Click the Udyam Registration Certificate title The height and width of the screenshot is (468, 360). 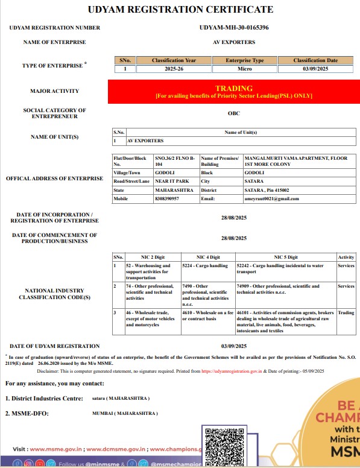click(x=180, y=10)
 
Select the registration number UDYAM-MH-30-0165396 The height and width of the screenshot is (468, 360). click(x=234, y=28)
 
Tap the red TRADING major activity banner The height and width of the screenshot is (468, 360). click(x=233, y=91)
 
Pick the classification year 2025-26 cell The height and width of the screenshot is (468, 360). click(x=174, y=69)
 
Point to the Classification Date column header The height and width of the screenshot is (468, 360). click(x=316, y=61)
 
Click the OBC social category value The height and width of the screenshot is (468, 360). click(x=233, y=113)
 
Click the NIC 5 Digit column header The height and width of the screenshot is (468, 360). click(x=285, y=257)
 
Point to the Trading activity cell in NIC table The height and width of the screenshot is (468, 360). click(x=346, y=313)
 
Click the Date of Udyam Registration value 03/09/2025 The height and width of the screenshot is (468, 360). click(x=233, y=346)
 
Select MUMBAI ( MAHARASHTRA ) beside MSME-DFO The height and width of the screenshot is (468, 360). click(x=125, y=413)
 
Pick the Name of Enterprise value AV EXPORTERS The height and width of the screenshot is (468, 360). click(x=233, y=42)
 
